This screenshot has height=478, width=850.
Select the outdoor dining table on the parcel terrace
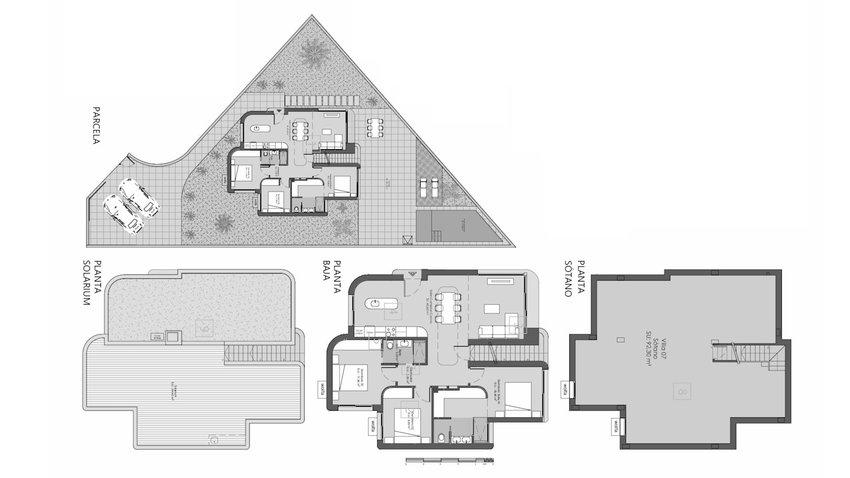coord(375,127)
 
